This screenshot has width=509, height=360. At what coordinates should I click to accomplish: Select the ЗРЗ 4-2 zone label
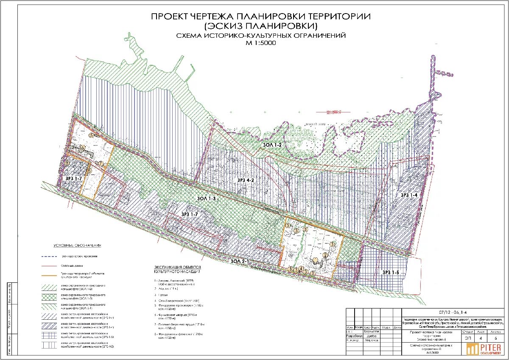pos(245,180)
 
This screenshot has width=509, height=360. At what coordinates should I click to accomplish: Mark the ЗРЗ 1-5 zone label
pos(392,272)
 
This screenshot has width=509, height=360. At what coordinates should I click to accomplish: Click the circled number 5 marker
pos(92,135)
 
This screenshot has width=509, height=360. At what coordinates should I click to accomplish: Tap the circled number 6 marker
pos(83,148)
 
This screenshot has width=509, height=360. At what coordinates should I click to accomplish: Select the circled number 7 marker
pos(101,163)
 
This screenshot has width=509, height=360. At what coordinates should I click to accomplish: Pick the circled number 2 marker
pos(325,255)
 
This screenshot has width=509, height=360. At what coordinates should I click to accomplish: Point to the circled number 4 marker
pos(301,268)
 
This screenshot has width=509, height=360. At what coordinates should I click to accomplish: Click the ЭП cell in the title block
pos(467,338)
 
